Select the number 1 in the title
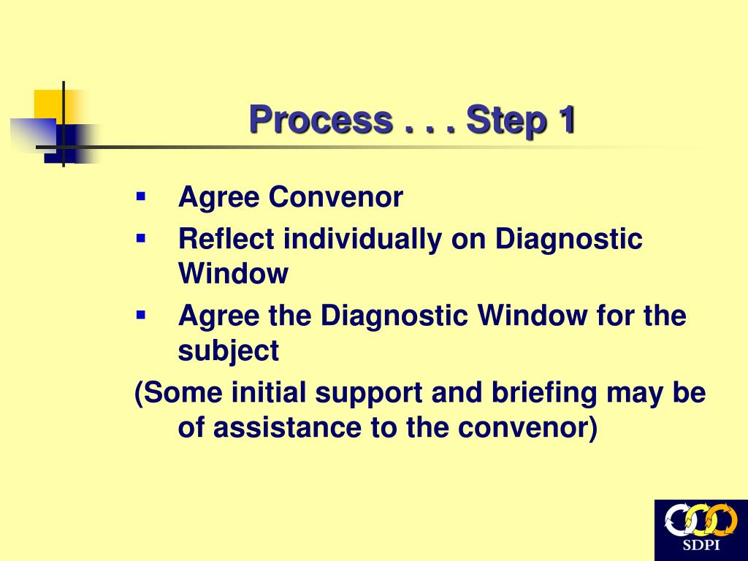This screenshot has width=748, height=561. tap(565, 121)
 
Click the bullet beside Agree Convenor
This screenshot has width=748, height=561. tap(141, 196)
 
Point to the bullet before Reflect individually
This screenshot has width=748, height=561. tap(141, 238)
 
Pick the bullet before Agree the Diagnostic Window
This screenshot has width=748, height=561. tap(141, 316)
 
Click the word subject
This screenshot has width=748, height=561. tap(228, 352)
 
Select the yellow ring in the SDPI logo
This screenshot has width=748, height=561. tap(699, 521)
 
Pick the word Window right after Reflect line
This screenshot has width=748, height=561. tap(233, 275)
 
